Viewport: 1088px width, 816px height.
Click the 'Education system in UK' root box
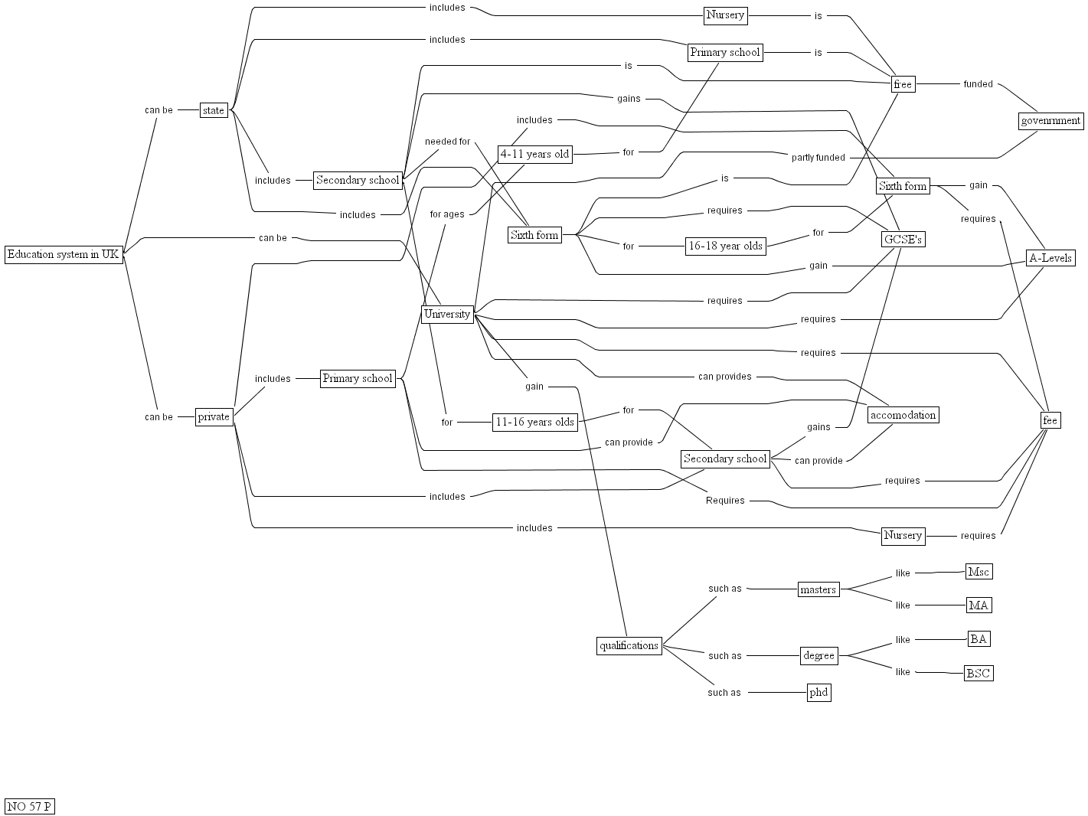(64, 255)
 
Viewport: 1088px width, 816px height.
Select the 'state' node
(214, 110)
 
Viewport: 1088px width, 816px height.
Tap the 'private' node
(214, 416)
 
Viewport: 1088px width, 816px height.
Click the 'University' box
(447, 314)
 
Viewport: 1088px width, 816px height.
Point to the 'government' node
(1051, 120)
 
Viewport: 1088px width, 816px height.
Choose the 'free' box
(903, 84)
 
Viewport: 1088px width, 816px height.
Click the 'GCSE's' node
(903, 240)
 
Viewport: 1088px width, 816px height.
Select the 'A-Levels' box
(1050, 258)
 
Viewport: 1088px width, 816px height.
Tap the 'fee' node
(1050, 420)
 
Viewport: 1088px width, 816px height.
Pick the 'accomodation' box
(903, 415)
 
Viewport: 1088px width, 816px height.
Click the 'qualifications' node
(629, 645)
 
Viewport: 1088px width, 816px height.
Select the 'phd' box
(818, 693)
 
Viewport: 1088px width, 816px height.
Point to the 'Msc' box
(979, 572)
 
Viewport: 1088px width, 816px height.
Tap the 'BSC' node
(979, 674)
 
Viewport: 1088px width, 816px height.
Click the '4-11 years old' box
(534, 154)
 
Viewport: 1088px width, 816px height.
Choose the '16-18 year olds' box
(725, 246)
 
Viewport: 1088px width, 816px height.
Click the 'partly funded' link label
(818, 158)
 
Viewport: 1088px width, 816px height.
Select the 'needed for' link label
(447, 142)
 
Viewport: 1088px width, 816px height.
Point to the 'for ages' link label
(447, 214)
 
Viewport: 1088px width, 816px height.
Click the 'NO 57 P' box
(30, 806)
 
